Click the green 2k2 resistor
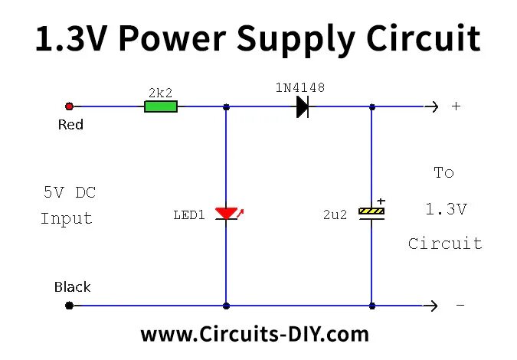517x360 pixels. coord(161,106)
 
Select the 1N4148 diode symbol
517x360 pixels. coord(303,106)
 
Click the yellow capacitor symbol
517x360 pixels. coord(372,213)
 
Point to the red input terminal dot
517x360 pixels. coord(70,106)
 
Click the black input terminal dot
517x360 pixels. coord(70,306)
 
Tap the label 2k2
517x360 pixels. coord(160,92)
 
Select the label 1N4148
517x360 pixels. coord(299,87)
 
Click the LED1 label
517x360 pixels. coord(189,215)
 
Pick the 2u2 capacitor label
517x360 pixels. coord(335,215)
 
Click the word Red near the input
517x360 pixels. coord(70,124)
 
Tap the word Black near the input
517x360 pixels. coord(72,287)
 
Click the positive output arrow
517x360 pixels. coord(432,106)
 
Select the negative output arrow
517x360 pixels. coord(432,306)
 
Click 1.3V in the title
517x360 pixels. coord(74,38)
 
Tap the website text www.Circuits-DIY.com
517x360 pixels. coord(254,334)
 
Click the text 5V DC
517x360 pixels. coord(69,192)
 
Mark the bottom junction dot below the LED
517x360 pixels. coord(226,306)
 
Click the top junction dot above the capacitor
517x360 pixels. coord(372,106)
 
